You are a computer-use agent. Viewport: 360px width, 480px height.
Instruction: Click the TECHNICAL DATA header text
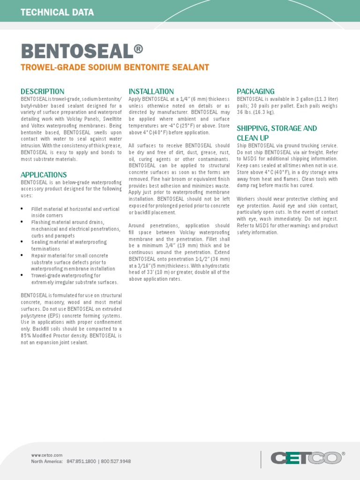(x=57, y=13)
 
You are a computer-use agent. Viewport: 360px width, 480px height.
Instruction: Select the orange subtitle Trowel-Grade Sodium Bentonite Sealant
(x=115, y=67)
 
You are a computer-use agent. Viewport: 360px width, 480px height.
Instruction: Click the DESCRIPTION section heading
(x=42, y=91)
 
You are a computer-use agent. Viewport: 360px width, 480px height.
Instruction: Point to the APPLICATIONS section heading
(x=44, y=175)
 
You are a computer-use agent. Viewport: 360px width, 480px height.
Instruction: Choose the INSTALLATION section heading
(x=151, y=91)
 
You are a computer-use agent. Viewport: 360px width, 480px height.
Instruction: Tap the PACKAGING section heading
(x=255, y=91)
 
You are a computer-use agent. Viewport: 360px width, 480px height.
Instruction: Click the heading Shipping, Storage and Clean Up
(x=277, y=133)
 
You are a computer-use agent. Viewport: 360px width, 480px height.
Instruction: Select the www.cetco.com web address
(x=46, y=455)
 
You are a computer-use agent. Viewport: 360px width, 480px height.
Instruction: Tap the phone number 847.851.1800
(x=81, y=461)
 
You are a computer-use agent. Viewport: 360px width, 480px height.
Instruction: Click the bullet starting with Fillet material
(x=75, y=212)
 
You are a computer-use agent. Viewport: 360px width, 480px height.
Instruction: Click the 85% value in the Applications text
(x=26, y=336)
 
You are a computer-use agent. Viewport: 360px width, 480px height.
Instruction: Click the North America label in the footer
(x=47, y=461)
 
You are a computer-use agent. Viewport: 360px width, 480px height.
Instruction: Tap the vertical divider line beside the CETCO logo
(x=261, y=459)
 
